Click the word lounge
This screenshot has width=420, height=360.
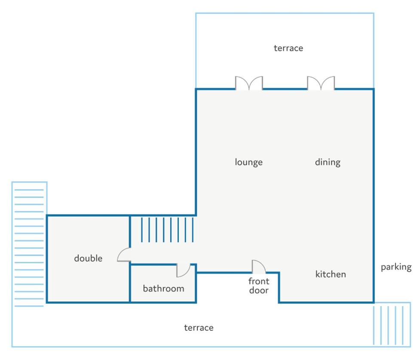(x=248, y=162)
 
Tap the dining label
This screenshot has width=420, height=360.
(x=328, y=162)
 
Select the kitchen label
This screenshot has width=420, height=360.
(x=331, y=274)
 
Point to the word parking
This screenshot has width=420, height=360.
(x=396, y=267)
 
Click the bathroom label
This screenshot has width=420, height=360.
(x=163, y=289)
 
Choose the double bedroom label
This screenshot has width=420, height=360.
(x=88, y=258)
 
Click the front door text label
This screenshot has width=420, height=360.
(x=259, y=286)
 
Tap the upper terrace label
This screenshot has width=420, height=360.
(x=288, y=48)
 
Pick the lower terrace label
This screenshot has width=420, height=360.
(x=199, y=328)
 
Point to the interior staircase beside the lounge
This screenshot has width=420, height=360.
(x=167, y=230)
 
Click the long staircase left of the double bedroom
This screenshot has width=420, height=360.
(x=29, y=248)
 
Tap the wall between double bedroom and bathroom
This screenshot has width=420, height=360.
(x=130, y=283)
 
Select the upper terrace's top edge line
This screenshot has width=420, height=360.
(x=285, y=13)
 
